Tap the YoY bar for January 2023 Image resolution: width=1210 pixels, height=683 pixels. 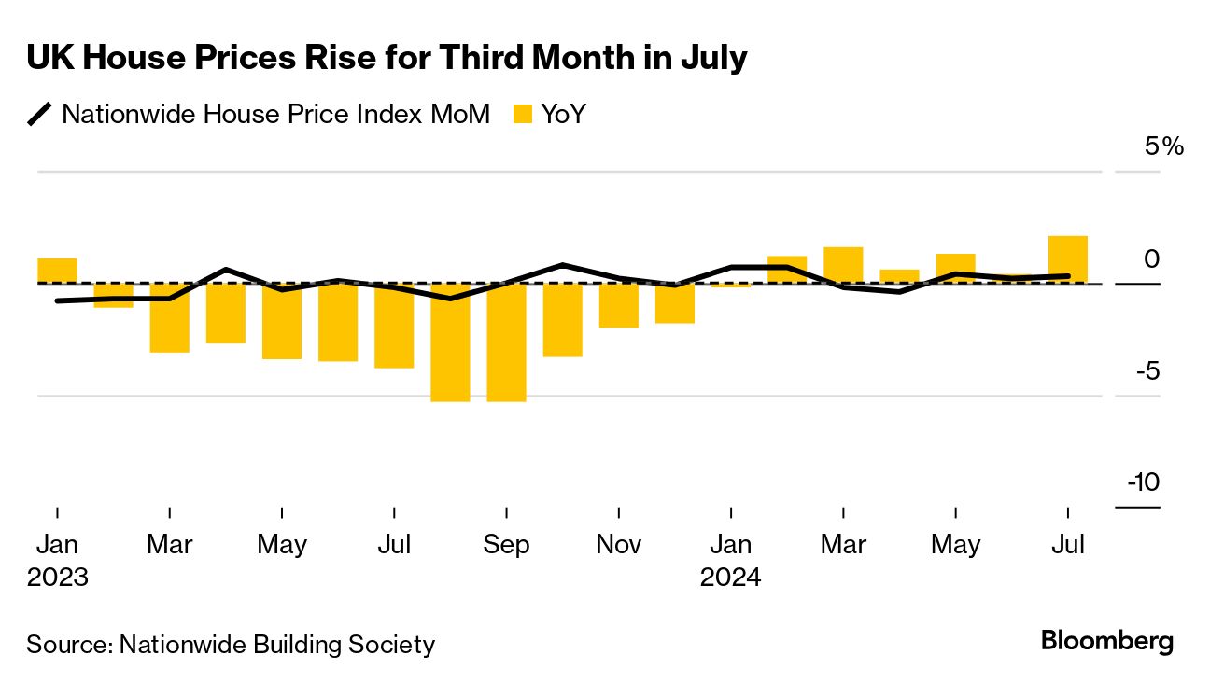pyautogui.click(x=57, y=270)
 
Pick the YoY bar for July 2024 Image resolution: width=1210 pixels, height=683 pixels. pyautogui.click(x=1068, y=258)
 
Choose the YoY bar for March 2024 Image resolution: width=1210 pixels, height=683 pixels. pyautogui.click(x=843, y=265)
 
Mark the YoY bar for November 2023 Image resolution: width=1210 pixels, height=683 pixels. pyautogui.click(x=619, y=305)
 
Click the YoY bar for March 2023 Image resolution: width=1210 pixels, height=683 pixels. pyautogui.click(x=169, y=317)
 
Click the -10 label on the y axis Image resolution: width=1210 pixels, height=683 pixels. pyautogui.click(x=1143, y=482)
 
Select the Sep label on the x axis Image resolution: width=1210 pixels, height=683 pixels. pyautogui.click(x=506, y=545)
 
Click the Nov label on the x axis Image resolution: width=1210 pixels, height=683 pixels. pyautogui.click(x=619, y=545)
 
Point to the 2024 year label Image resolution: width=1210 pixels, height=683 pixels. pyautogui.click(x=731, y=578)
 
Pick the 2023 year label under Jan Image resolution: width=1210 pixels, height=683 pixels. pyautogui.click(x=58, y=578)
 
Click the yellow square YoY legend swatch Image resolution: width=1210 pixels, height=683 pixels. pyautogui.click(x=523, y=115)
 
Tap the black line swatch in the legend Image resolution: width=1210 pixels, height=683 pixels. pyautogui.click(x=39, y=115)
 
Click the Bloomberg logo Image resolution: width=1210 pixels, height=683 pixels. pyautogui.click(x=1107, y=642)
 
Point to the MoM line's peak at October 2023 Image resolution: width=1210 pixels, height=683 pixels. pyautogui.click(x=563, y=265)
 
